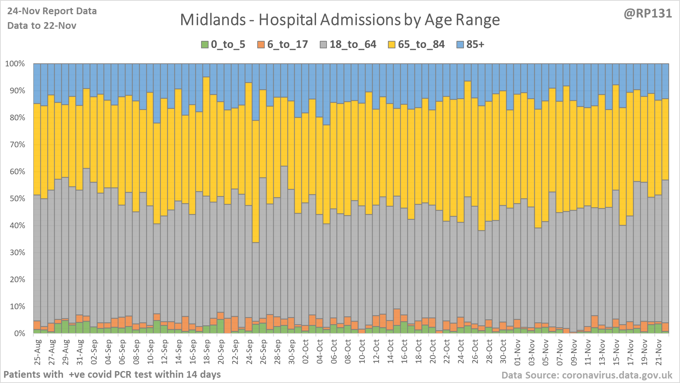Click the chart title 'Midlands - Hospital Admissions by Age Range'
(340, 20)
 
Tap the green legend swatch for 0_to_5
(204, 45)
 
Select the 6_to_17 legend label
(287, 45)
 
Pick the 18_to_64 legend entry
(352, 45)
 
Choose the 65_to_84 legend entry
(421, 45)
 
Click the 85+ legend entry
(475, 45)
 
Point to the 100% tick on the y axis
(15, 64)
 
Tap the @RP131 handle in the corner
(647, 13)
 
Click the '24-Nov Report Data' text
(52, 11)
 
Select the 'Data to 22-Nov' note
(42, 25)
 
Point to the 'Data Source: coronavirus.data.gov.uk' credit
(586, 375)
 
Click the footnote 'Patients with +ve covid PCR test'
(112, 374)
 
